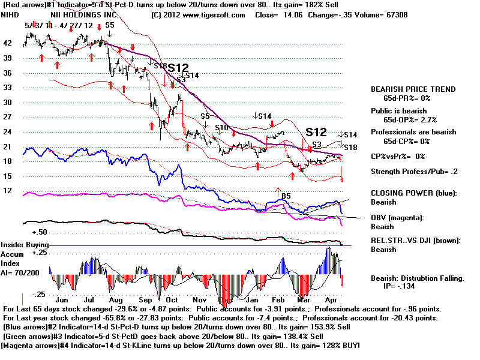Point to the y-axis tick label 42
point(7,43)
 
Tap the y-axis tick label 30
point(7,102)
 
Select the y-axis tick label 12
point(7,190)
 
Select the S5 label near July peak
point(109,25)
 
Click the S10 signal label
point(221,128)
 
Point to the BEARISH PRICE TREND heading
point(413,89)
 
